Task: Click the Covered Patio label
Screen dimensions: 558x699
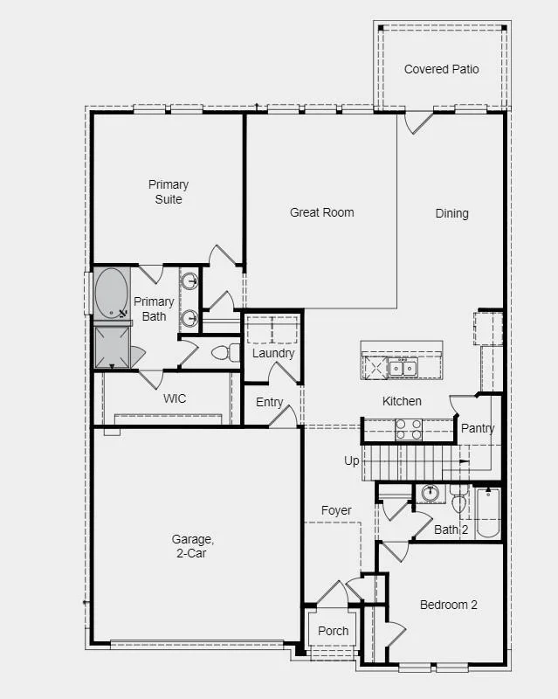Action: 441,69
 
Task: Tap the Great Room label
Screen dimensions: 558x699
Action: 321,212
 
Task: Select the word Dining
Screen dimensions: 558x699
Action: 451,213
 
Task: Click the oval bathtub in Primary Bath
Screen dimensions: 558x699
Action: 112,293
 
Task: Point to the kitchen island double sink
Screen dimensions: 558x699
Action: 403,368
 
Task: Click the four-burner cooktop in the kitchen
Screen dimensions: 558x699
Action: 409,429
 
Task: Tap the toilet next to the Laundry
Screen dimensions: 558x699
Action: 225,353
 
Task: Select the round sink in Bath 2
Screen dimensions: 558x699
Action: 431,494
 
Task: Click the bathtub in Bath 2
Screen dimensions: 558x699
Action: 487,513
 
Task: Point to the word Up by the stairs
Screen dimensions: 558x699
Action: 351,461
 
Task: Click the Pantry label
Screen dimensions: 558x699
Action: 478,428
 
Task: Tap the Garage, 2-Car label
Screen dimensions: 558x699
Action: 192,546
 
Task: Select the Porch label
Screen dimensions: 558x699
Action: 333,631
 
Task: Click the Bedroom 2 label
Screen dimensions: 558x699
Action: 448,605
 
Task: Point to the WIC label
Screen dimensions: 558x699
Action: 175,398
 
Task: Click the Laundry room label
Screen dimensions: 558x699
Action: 273,354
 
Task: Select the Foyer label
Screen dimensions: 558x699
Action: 336,510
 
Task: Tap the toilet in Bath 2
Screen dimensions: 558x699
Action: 458,499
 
